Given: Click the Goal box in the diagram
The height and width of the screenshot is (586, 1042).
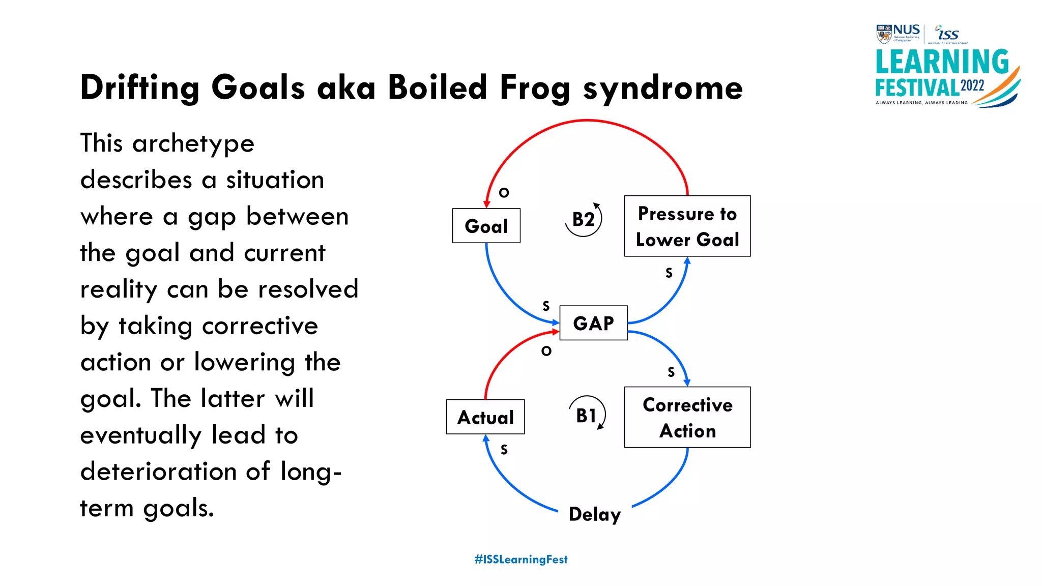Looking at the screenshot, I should click(x=486, y=226).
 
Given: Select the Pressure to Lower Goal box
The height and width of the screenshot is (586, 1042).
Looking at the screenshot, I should click(x=687, y=226).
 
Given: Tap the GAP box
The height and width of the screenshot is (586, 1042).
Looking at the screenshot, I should click(x=593, y=323).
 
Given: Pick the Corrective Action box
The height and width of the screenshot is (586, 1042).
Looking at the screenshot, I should click(x=687, y=417).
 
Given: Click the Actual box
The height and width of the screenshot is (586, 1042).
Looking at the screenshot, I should click(x=485, y=417).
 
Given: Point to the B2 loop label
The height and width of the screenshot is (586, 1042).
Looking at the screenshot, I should click(x=583, y=220).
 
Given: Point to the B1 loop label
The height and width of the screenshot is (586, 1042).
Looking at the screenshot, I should click(x=586, y=416).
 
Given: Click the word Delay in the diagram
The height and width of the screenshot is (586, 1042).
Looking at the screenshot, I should click(x=594, y=514).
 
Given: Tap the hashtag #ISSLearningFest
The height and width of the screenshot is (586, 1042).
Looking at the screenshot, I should click(x=520, y=560).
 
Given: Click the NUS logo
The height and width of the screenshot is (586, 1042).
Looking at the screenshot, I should click(x=898, y=33).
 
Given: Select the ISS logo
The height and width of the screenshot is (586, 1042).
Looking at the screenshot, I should click(x=947, y=34).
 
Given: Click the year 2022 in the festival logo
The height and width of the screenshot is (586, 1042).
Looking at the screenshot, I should click(x=972, y=85).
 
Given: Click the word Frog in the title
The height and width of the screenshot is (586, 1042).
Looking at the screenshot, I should click(x=535, y=88).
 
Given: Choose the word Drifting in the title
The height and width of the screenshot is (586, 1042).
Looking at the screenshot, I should click(x=140, y=88).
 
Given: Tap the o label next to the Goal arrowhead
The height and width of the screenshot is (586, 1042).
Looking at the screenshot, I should click(x=504, y=192).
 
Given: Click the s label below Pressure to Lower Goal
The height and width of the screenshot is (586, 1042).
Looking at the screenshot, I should click(x=669, y=273).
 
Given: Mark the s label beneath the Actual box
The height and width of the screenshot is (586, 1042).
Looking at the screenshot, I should click(x=504, y=449).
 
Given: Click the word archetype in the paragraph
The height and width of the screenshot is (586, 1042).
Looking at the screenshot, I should click(x=193, y=144).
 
